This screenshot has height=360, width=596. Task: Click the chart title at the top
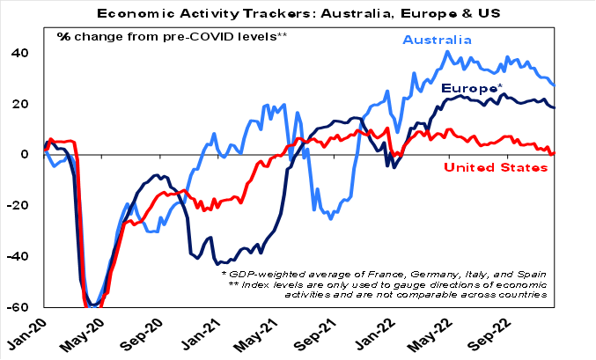[x=298, y=13]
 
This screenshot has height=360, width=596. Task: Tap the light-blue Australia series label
[x=438, y=40]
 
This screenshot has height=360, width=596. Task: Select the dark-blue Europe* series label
[x=472, y=88]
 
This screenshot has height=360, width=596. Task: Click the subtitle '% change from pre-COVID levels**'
[x=173, y=36]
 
